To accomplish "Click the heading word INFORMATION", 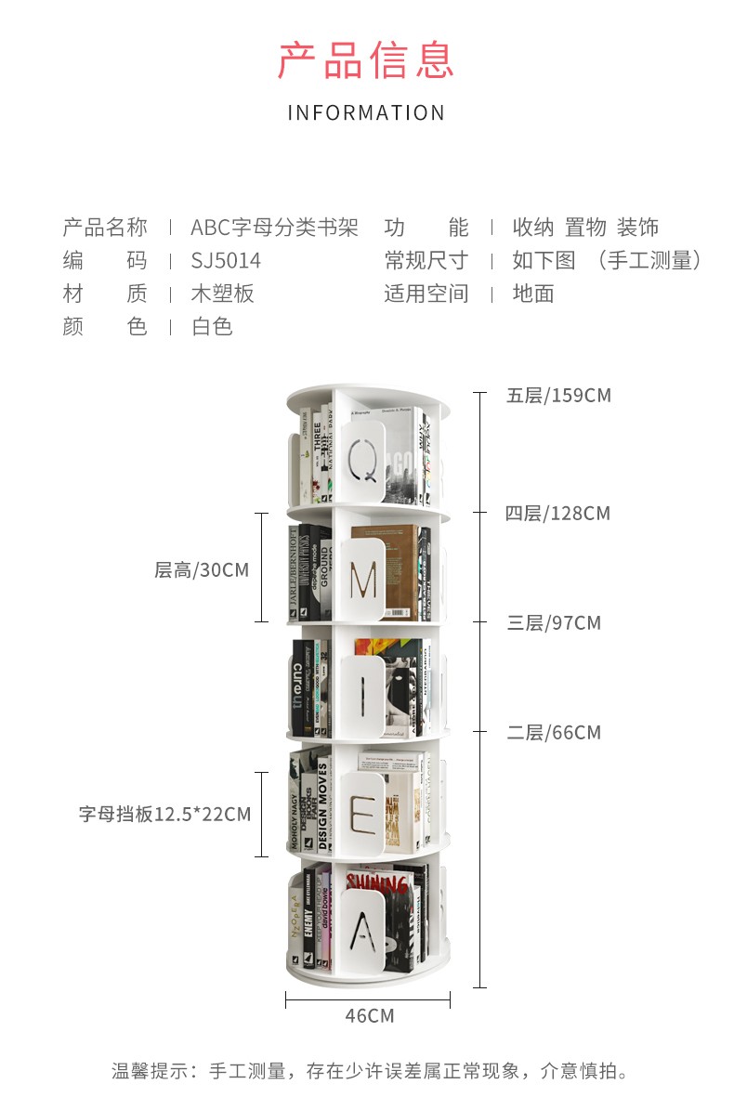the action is (x=366, y=113).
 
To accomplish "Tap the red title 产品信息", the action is (x=366, y=59).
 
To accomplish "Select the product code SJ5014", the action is (x=226, y=261).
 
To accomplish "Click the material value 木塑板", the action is (x=222, y=294).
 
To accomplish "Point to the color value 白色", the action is (x=212, y=327).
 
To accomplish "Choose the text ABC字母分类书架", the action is (x=274, y=228).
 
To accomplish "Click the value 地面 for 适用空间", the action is (x=533, y=294).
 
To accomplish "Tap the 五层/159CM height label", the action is (x=558, y=396).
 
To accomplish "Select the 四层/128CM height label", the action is (x=557, y=514).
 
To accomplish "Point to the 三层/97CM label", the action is (x=554, y=623).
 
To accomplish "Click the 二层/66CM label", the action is (x=554, y=733).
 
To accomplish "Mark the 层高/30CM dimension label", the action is (x=202, y=570).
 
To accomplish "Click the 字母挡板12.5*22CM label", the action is (x=164, y=815).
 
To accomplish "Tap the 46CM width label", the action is (x=369, y=1016).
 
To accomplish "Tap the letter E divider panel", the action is (x=363, y=814).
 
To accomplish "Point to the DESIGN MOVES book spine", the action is (x=323, y=804).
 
